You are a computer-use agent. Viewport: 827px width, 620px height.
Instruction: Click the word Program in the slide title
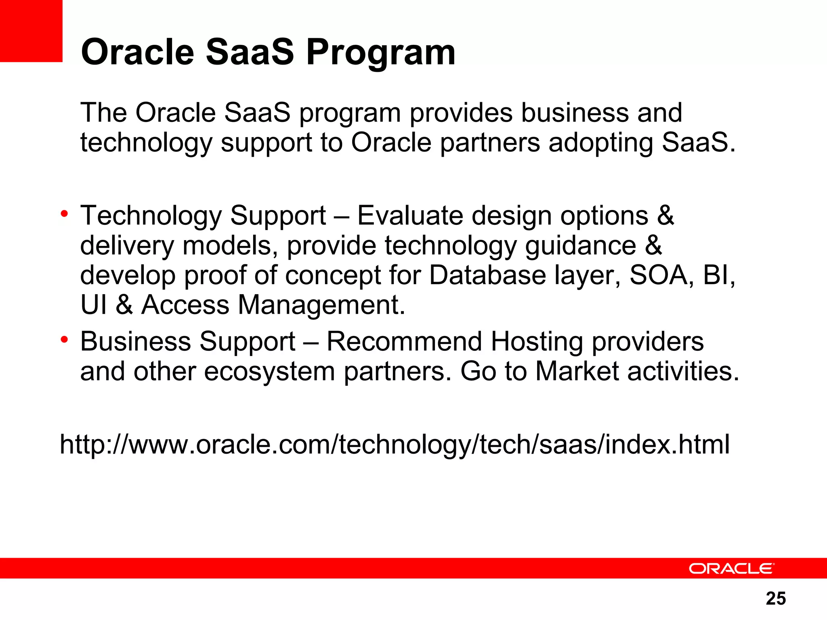point(381,52)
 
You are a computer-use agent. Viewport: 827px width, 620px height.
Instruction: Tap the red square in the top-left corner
point(31,31)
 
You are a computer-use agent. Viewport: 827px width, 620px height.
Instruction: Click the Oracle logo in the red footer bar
point(731,569)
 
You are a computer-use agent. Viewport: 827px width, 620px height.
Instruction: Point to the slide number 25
point(775,599)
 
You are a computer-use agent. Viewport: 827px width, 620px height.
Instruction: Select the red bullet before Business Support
point(64,340)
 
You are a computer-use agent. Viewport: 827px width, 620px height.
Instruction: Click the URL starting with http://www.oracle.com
point(395,444)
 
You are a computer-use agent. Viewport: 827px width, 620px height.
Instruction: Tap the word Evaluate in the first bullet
point(410,216)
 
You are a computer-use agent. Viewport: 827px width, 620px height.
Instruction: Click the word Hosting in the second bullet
point(537,341)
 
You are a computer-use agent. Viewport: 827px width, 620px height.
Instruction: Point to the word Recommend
point(404,341)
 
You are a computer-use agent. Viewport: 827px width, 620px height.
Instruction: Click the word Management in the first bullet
point(321,305)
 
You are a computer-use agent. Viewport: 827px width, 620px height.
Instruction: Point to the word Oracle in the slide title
point(138,52)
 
